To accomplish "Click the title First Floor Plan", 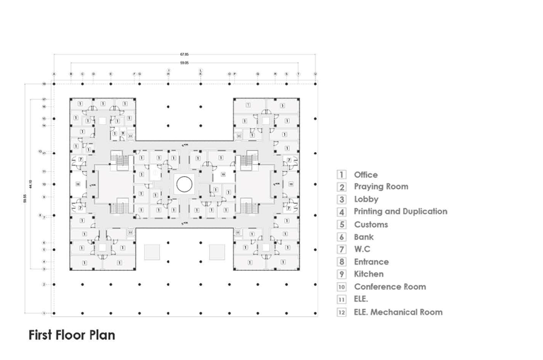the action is tap(71, 335).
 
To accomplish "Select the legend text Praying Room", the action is tap(380, 187).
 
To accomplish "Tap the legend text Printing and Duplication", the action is tap(400, 211).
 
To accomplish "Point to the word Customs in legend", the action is tap(370, 224).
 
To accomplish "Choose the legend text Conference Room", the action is tap(390, 286).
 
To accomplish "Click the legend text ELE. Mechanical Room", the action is tap(398, 312).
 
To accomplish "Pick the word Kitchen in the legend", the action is tap(368, 274).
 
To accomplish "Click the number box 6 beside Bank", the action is tap(341, 237).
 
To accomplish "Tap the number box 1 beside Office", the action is tap(341, 175).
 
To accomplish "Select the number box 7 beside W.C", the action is tap(341, 250).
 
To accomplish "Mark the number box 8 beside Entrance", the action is tap(341, 262).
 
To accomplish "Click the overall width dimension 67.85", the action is tap(185, 54).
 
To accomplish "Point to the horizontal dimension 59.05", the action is tap(185, 63).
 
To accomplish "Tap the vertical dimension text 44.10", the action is tap(31, 185).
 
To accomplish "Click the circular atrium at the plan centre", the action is tap(185, 185).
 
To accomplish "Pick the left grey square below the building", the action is tap(152, 252).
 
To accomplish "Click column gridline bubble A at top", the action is tap(54, 74).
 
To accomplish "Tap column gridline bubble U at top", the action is tap(315, 74).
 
